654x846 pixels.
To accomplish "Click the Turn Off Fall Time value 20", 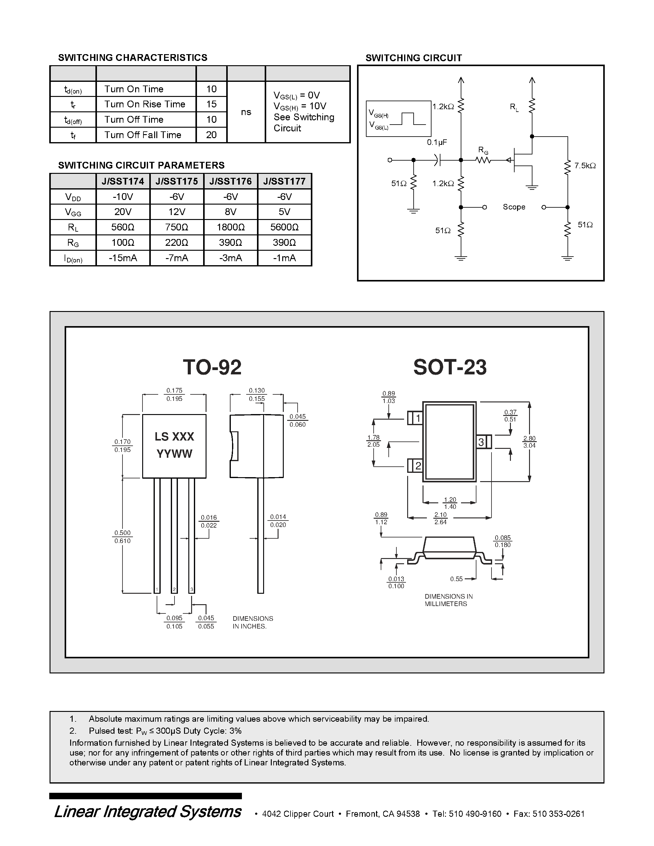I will (211, 135).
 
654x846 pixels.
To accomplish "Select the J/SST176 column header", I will (231, 181).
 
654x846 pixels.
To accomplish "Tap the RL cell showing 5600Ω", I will (284, 227).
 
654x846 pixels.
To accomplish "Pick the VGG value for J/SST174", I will (122, 212).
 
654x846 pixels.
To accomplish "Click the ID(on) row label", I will (73, 258).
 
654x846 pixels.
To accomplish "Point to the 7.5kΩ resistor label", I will (585, 166).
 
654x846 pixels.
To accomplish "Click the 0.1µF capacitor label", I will (437, 142).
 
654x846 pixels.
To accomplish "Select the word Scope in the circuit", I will (514, 207).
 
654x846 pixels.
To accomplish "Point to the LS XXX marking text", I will (174, 437).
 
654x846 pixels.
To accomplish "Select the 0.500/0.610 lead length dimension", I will (122, 537).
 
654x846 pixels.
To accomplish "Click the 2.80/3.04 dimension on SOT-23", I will (529, 442).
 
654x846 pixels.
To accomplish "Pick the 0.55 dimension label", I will (456, 579).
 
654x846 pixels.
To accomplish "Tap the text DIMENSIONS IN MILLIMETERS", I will (448, 600).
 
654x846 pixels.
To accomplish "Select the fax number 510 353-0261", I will (558, 814).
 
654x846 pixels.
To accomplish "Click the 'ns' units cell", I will (246, 112).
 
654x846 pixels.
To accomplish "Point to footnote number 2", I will (73, 731).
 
